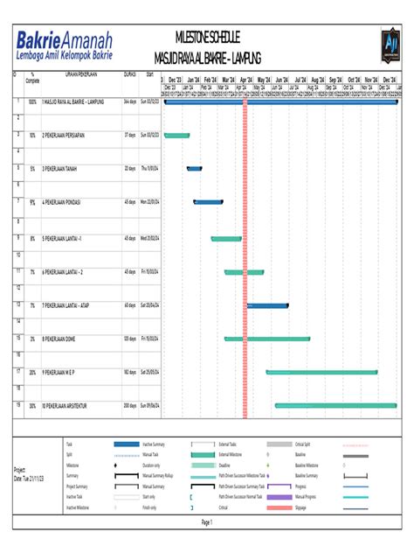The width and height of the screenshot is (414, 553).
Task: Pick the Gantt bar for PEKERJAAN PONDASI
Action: click(208, 202)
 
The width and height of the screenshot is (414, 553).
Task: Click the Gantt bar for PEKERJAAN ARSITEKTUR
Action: click(335, 406)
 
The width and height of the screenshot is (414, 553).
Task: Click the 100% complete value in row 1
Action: click(32, 102)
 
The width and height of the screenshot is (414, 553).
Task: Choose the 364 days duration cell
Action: click(130, 102)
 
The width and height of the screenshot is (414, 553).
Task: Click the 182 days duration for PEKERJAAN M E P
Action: click(130, 372)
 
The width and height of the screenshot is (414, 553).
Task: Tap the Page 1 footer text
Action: click(207, 521)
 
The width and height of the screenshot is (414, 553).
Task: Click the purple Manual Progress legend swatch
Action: click(278, 497)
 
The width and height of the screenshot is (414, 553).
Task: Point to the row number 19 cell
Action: click(17, 404)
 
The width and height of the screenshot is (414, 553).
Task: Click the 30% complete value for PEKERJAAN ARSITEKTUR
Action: click(32, 406)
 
